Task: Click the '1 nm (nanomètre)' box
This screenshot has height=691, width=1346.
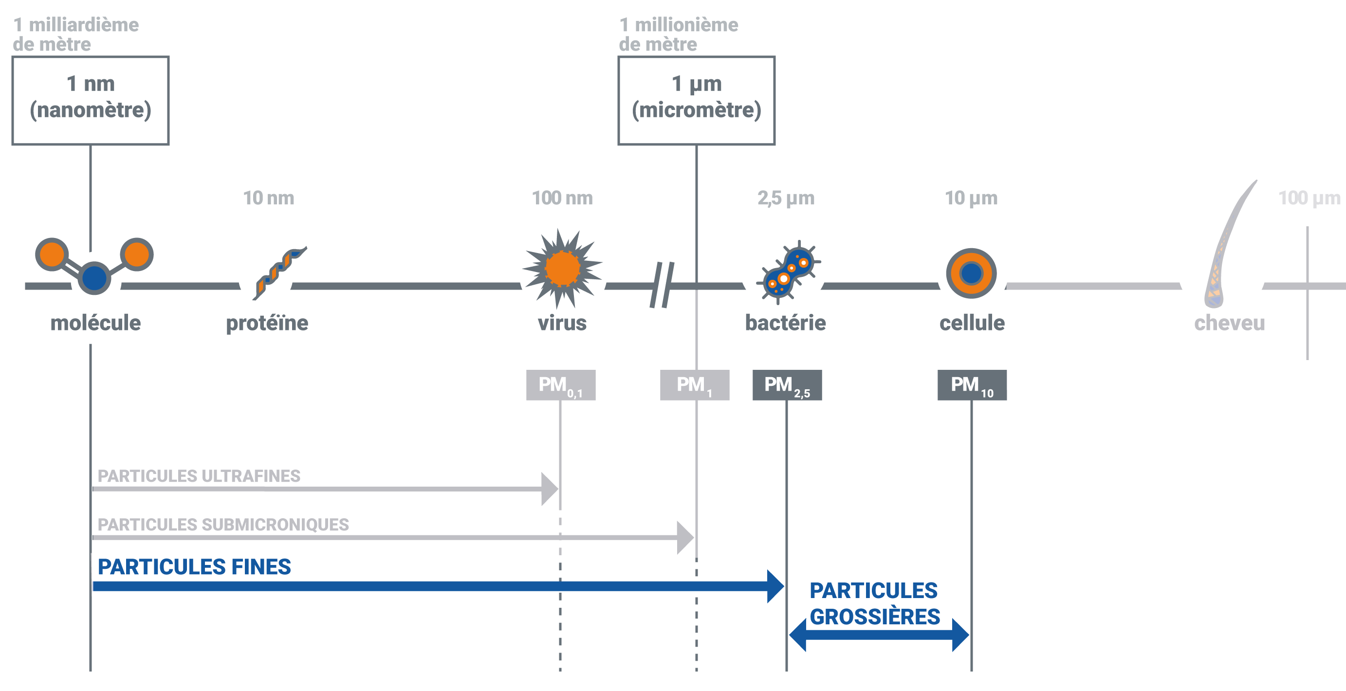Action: click(x=91, y=100)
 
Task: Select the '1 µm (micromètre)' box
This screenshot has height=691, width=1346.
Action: click(x=696, y=100)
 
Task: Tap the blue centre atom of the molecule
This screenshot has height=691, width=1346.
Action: click(x=94, y=278)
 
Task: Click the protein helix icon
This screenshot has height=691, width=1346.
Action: click(x=278, y=273)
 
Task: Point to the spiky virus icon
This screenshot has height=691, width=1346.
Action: click(x=562, y=269)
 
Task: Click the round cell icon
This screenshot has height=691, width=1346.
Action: click(x=971, y=273)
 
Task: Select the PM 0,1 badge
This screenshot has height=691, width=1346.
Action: click(x=561, y=385)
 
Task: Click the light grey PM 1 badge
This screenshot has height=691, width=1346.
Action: click(x=695, y=385)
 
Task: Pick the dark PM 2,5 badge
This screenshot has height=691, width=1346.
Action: click(x=787, y=385)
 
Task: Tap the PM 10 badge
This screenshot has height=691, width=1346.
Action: click(x=972, y=385)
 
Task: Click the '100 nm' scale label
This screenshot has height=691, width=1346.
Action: click(x=562, y=198)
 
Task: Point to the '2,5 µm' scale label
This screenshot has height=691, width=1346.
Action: click(x=786, y=198)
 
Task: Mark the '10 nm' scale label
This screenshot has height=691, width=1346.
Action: click(x=269, y=198)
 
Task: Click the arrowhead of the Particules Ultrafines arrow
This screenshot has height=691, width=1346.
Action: click(x=550, y=489)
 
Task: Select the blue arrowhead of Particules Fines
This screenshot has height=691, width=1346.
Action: click(x=775, y=586)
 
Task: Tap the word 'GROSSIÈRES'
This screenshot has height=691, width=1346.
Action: click(x=875, y=617)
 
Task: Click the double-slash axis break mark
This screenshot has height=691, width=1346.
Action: click(x=662, y=285)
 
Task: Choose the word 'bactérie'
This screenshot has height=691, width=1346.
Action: click(x=785, y=323)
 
